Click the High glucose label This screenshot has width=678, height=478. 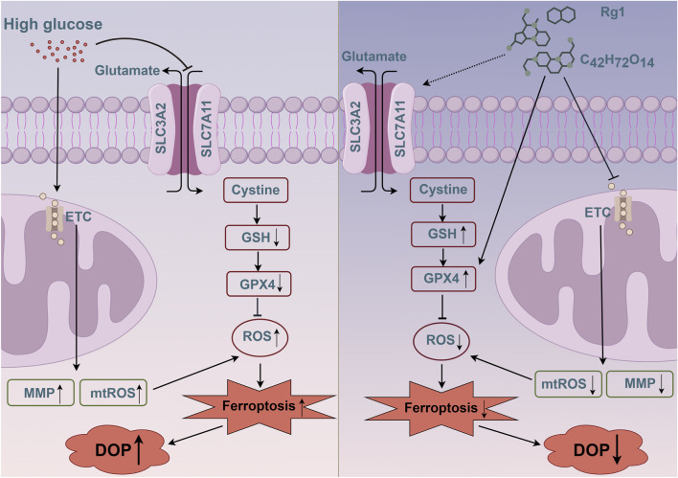(x=53, y=24)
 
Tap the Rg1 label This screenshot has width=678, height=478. (x=613, y=12)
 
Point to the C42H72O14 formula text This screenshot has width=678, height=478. (x=617, y=60)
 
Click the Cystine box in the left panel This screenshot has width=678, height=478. (x=256, y=190)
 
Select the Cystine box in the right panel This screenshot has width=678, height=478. (x=443, y=190)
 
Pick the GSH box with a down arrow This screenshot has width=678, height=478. (x=258, y=238)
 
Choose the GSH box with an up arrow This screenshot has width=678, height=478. (x=443, y=234)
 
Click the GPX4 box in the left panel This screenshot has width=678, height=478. (x=259, y=285)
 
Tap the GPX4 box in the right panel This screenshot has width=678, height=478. (x=443, y=279)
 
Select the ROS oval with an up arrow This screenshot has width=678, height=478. (x=260, y=336)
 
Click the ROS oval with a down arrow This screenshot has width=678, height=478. (x=441, y=341)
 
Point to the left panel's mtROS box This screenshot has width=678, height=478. (x=113, y=393)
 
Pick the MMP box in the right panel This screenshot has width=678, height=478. (x=640, y=384)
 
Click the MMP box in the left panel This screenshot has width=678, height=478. (x=40, y=393)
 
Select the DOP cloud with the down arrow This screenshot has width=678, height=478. (x=596, y=450)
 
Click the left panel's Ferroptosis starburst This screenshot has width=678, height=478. (x=260, y=406)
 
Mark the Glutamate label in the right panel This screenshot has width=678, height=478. (x=374, y=57)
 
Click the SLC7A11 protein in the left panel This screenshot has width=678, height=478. (x=207, y=129)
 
